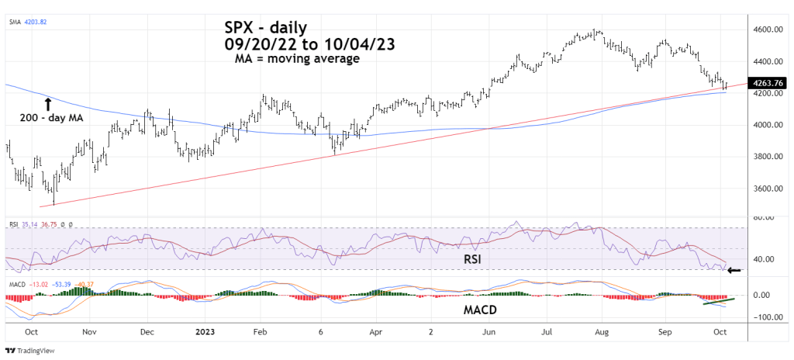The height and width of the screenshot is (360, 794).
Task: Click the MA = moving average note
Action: point(297,58)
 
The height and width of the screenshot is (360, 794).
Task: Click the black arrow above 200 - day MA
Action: point(48,102)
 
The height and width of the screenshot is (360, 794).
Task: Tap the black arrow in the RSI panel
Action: point(734,271)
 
